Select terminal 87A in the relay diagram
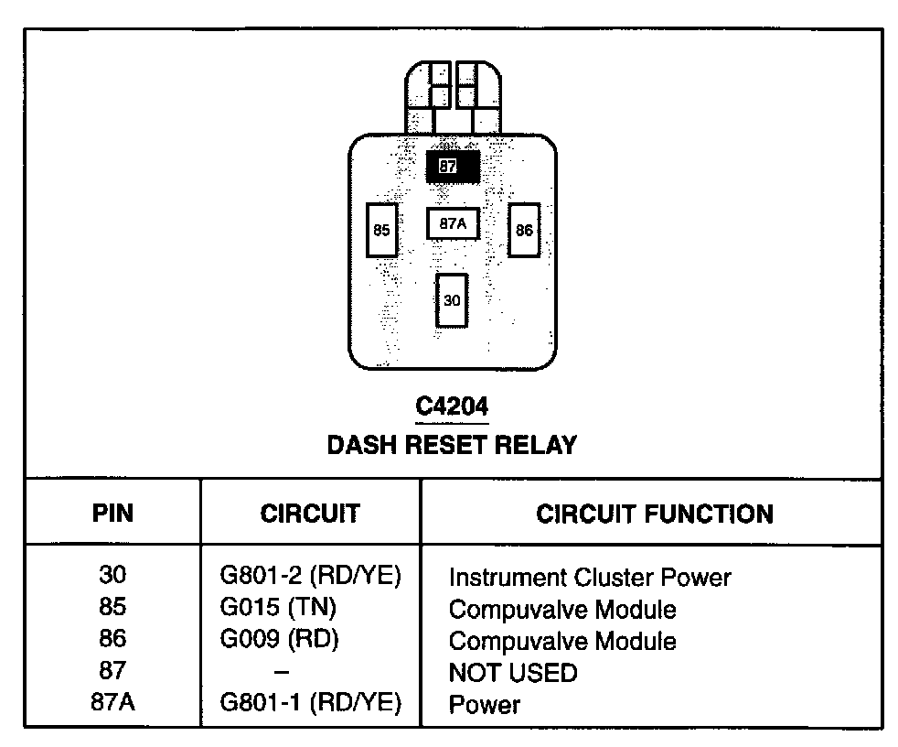(x=453, y=223)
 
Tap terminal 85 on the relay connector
(x=381, y=230)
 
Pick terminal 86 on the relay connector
(x=524, y=230)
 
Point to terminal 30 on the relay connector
(x=452, y=299)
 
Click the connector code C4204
(x=453, y=406)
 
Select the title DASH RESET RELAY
(x=453, y=446)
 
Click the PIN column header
(x=112, y=514)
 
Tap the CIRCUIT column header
(x=310, y=514)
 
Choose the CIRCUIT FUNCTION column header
(x=655, y=514)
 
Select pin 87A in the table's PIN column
(x=112, y=703)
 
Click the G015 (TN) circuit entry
(x=279, y=609)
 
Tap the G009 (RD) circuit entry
(x=279, y=640)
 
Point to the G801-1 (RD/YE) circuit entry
(x=311, y=703)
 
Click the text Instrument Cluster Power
(x=590, y=578)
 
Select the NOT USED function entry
(x=513, y=673)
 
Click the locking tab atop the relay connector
(x=453, y=97)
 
